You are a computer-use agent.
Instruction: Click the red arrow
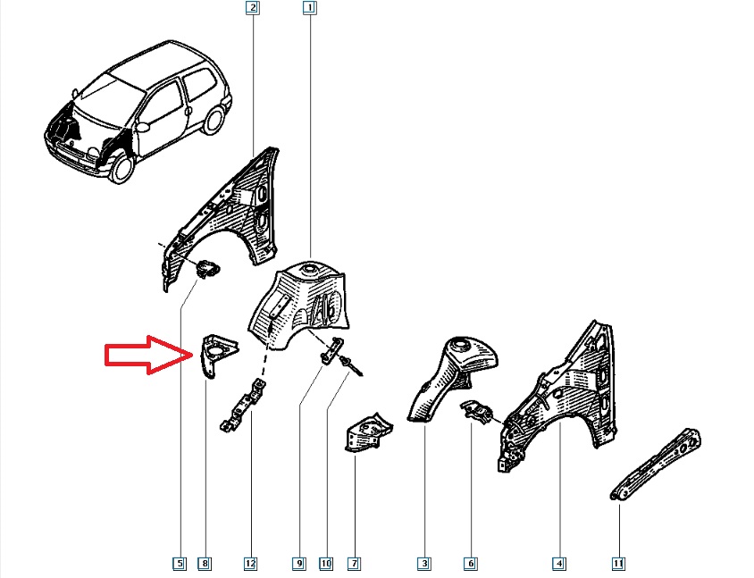[x=149, y=355]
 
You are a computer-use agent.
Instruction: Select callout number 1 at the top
[x=310, y=8]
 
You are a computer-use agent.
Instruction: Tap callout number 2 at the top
[x=253, y=8]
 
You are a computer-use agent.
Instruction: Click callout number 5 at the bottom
[x=180, y=563]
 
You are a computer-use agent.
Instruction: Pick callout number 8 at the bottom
[x=205, y=563]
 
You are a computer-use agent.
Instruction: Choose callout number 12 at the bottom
[x=250, y=563]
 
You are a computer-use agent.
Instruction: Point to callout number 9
[x=298, y=563]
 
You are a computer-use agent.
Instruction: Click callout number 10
[x=326, y=563]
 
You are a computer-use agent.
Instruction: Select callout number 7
[x=355, y=563]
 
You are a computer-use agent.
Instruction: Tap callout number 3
[x=424, y=563]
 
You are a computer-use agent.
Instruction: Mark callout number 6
[x=470, y=563]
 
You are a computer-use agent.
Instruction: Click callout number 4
[x=558, y=563]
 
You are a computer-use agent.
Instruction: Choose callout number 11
[x=618, y=563]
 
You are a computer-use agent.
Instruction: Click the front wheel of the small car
[x=121, y=166]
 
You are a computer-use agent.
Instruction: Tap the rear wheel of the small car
[x=212, y=121]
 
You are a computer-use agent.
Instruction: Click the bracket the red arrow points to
[x=217, y=355]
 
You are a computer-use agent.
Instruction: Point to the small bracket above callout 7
[x=369, y=431]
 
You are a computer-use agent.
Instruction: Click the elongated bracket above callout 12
[x=243, y=405]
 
